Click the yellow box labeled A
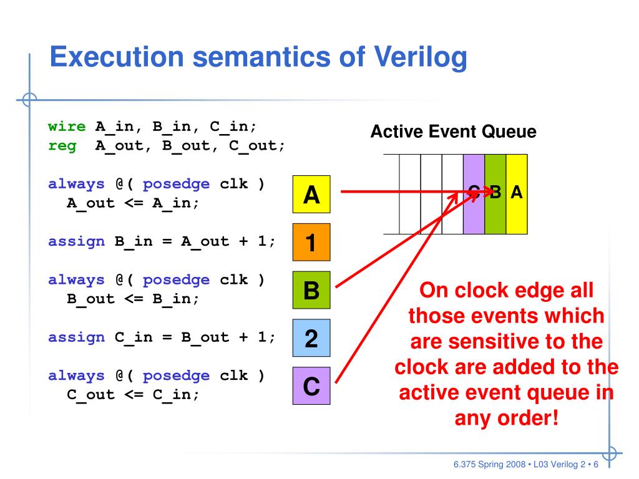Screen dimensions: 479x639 tap(311, 195)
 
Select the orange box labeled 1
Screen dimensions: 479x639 tap(311, 242)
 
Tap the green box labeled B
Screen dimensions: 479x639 tap(311, 290)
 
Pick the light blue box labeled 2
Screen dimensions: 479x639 tap(311, 338)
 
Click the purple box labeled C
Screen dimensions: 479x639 tap(311, 386)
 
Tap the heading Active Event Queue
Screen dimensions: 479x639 tap(453, 132)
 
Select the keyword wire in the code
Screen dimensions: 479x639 tap(67, 127)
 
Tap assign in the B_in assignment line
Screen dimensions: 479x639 tap(76, 242)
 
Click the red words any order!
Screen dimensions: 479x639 tap(506, 417)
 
